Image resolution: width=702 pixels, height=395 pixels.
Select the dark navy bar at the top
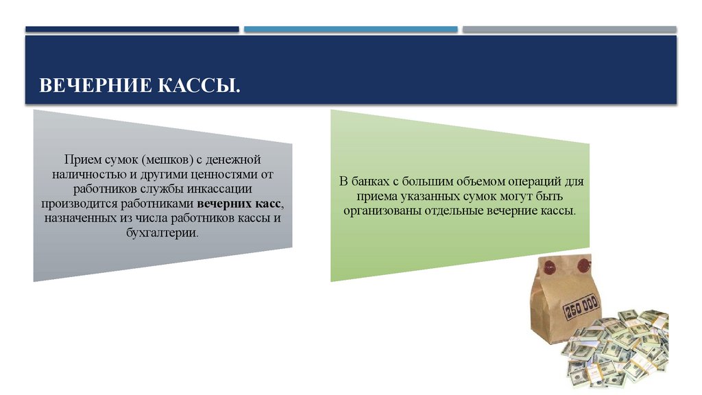click(x=132, y=29)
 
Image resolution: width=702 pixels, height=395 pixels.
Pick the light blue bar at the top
click(x=350, y=29)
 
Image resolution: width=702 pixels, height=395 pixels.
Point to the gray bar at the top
click(x=569, y=29)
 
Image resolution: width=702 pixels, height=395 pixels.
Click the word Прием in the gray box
click(x=80, y=159)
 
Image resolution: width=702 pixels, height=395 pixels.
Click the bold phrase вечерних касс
click(x=239, y=204)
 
